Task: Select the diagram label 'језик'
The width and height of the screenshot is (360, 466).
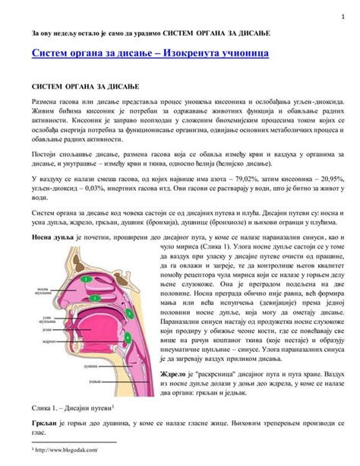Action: click(x=46, y=331)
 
